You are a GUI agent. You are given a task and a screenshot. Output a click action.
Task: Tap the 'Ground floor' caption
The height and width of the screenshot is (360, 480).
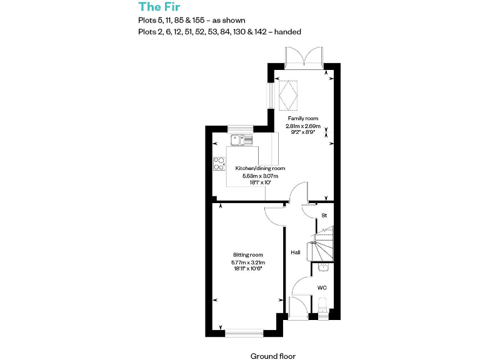(x=272, y=356)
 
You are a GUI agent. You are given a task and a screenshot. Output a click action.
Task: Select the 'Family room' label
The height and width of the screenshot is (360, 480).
(x=302, y=118)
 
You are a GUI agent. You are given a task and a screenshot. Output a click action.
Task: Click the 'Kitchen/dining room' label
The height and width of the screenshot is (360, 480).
(x=260, y=168)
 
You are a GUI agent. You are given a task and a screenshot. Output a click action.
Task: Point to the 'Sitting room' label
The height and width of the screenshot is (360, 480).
(x=247, y=255)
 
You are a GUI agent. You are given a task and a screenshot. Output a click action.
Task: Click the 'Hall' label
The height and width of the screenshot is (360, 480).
(x=295, y=252)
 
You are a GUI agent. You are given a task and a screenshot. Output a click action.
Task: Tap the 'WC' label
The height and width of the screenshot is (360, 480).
(x=322, y=288)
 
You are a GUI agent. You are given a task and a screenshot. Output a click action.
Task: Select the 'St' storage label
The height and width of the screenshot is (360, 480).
(x=324, y=216)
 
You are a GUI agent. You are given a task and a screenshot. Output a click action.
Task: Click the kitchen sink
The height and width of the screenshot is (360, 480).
(x=241, y=140)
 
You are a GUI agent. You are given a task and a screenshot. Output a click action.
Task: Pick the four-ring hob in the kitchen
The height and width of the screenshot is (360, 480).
(x=219, y=164)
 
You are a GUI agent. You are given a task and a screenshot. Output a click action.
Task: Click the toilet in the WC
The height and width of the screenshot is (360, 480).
(x=322, y=306)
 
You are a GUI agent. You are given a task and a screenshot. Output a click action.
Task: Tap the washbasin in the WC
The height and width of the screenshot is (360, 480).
(x=322, y=267)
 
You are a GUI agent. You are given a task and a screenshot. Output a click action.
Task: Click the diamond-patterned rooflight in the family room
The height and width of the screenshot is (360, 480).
(x=288, y=94)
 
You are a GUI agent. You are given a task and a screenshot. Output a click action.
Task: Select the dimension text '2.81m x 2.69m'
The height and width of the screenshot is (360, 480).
(x=302, y=126)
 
